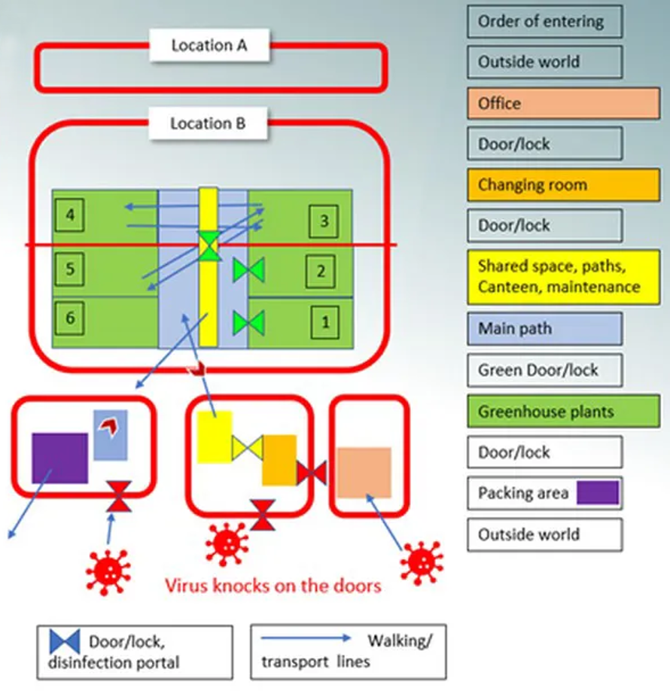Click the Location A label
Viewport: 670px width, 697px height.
pyautogui.click(x=209, y=45)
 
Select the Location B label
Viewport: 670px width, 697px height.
pyautogui.click(x=208, y=123)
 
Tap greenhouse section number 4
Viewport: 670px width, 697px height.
pyautogui.click(x=70, y=217)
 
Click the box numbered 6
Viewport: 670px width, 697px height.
pyautogui.click(x=70, y=318)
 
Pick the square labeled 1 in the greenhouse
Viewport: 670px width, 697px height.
pyautogui.click(x=324, y=323)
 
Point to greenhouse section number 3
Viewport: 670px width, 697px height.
pyautogui.click(x=324, y=221)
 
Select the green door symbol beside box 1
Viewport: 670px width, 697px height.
pyautogui.click(x=248, y=322)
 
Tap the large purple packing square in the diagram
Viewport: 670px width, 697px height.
pyautogui.click(x=59, y=458)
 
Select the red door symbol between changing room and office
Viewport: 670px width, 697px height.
pyautogui.click(x=311, y=473)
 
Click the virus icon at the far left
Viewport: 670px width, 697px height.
pyautogui.click(x=108, y=571)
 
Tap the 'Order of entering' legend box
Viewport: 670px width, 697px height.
pyautogui.click(x=544, y=21)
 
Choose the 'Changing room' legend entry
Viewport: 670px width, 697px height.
pyautogui.click(x=563, y=185)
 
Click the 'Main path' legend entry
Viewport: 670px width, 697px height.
pyautogui.click(x=544, y=328)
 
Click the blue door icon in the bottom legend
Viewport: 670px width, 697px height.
pyautogui.click(x=65, y=642)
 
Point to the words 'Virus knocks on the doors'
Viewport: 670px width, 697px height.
pyautogui.click(x=273, y=585)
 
